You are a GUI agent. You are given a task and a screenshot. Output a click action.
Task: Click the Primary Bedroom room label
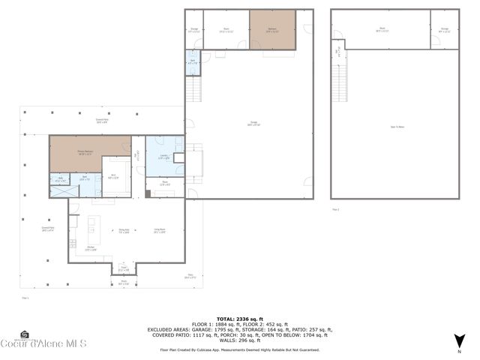click(x=84, y=152)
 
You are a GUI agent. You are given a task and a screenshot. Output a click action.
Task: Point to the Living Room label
click(x=159, y=230)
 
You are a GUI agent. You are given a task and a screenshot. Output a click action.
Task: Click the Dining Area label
click(x=124, y=231)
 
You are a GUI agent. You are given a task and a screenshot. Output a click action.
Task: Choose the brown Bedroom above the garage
click(x=272, y=30)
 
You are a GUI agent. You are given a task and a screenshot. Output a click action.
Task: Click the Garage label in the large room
click(x=248, y=125)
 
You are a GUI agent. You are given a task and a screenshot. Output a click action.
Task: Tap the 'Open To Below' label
click(x=395, y=127)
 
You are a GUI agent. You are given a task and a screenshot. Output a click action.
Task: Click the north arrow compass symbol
click(x=458, y=345)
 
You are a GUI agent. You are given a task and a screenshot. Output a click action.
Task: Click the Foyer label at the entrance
click(x=122, y=269)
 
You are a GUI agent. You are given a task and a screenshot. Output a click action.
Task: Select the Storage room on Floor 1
click(x=193, y=30)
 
